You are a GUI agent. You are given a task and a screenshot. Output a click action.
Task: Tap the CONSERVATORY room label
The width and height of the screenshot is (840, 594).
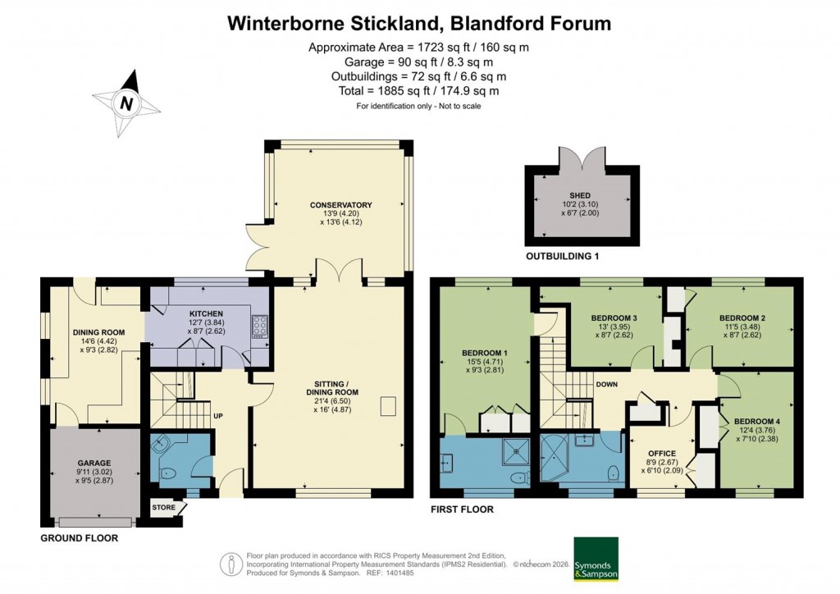point(341,204)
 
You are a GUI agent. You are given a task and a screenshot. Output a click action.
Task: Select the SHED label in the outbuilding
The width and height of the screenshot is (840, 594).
point(582,195)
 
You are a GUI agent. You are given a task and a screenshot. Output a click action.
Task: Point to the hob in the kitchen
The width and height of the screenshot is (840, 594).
point(260,327)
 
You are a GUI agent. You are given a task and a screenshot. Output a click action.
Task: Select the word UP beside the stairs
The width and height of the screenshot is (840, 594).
point(218,416)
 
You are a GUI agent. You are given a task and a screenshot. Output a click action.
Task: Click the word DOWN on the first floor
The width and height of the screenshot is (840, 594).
point(607,384)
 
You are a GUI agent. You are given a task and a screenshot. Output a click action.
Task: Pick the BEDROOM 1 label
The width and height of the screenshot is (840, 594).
point(484,354)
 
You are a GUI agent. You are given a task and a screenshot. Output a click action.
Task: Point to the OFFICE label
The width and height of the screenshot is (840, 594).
point(661,453)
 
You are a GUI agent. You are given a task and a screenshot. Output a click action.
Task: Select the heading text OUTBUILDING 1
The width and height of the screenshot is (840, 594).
point(562,256)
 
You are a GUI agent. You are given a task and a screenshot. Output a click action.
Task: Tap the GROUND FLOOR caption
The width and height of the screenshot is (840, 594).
point(80,538)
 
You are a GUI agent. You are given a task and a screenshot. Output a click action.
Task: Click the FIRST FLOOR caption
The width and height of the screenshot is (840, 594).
point(462,509)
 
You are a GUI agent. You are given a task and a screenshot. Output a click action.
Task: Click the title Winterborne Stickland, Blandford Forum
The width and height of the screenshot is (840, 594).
point(419,23)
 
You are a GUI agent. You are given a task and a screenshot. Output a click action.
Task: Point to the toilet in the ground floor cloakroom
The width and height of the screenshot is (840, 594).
point(168,472)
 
